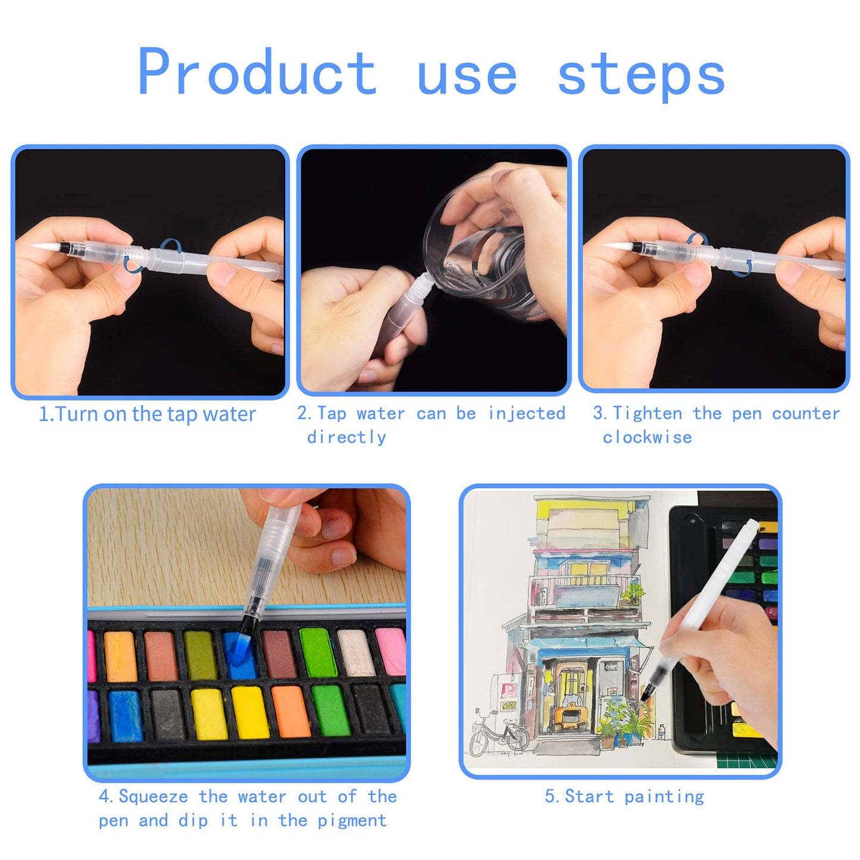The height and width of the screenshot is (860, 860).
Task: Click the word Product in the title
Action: tap(257, 73)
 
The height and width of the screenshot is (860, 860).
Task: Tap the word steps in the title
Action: tap(641, 74)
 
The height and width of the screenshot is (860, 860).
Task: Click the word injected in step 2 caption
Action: tap(526, 413)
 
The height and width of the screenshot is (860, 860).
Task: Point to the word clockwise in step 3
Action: tap(647, 437)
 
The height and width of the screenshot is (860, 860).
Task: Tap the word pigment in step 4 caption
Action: tap(352, 821)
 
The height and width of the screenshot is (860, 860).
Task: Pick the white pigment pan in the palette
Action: tap(355, 652)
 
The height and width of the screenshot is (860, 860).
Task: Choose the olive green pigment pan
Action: tap(201, 655)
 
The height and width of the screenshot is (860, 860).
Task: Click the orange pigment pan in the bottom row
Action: tap(290, 711)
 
